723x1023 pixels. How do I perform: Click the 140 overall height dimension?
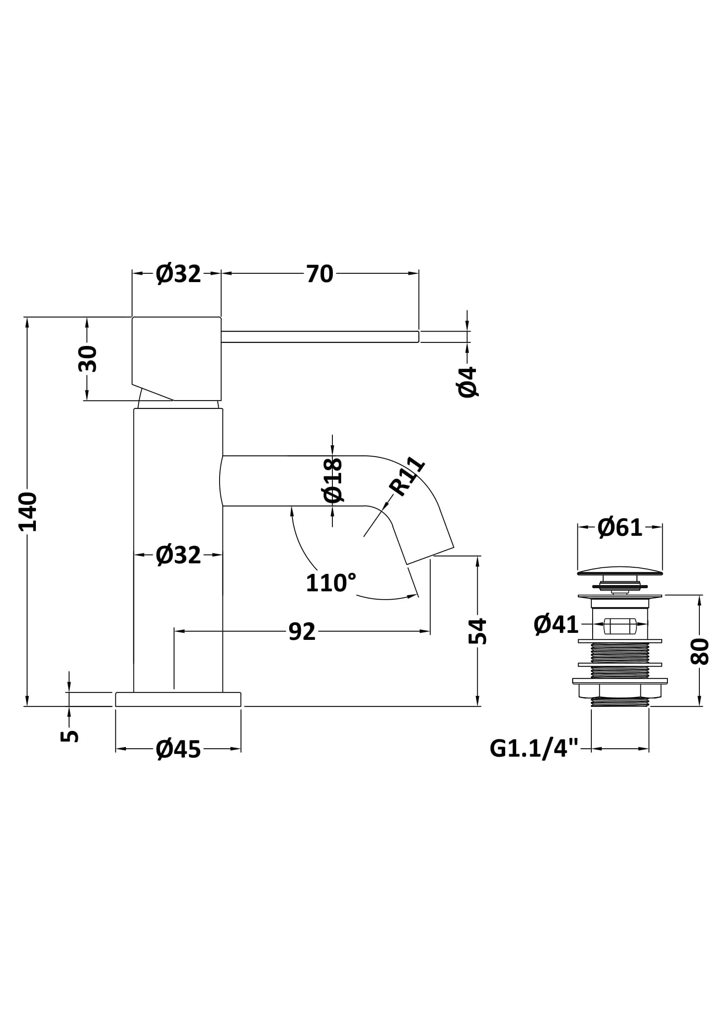coord(28,512)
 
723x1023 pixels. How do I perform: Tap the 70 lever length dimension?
coord(319,274)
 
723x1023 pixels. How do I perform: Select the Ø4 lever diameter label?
coord(468,382)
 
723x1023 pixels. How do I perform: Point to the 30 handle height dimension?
coord(87,359)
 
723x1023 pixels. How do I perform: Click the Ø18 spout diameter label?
coord(333,480)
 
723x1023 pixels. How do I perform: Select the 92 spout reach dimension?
coord(302,632)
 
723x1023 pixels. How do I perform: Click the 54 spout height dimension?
coord(478,631)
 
